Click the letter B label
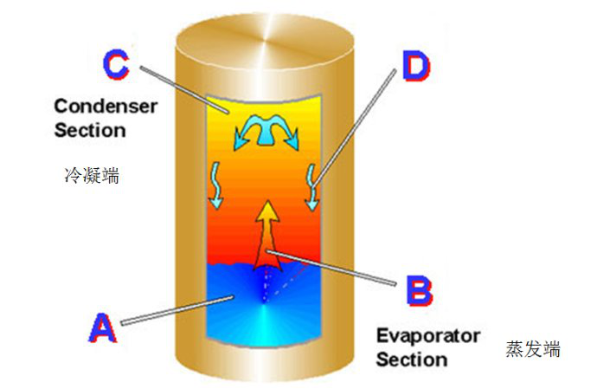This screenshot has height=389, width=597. coord(419,290)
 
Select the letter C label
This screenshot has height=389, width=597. coord(116,62)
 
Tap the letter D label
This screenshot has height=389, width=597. coord(416,65)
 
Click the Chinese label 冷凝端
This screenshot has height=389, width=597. coord(92,175)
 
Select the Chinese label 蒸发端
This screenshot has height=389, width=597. coord(533,350)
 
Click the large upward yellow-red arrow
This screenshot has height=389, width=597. coord(268,230)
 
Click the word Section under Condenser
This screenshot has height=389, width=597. coord(90,130)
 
